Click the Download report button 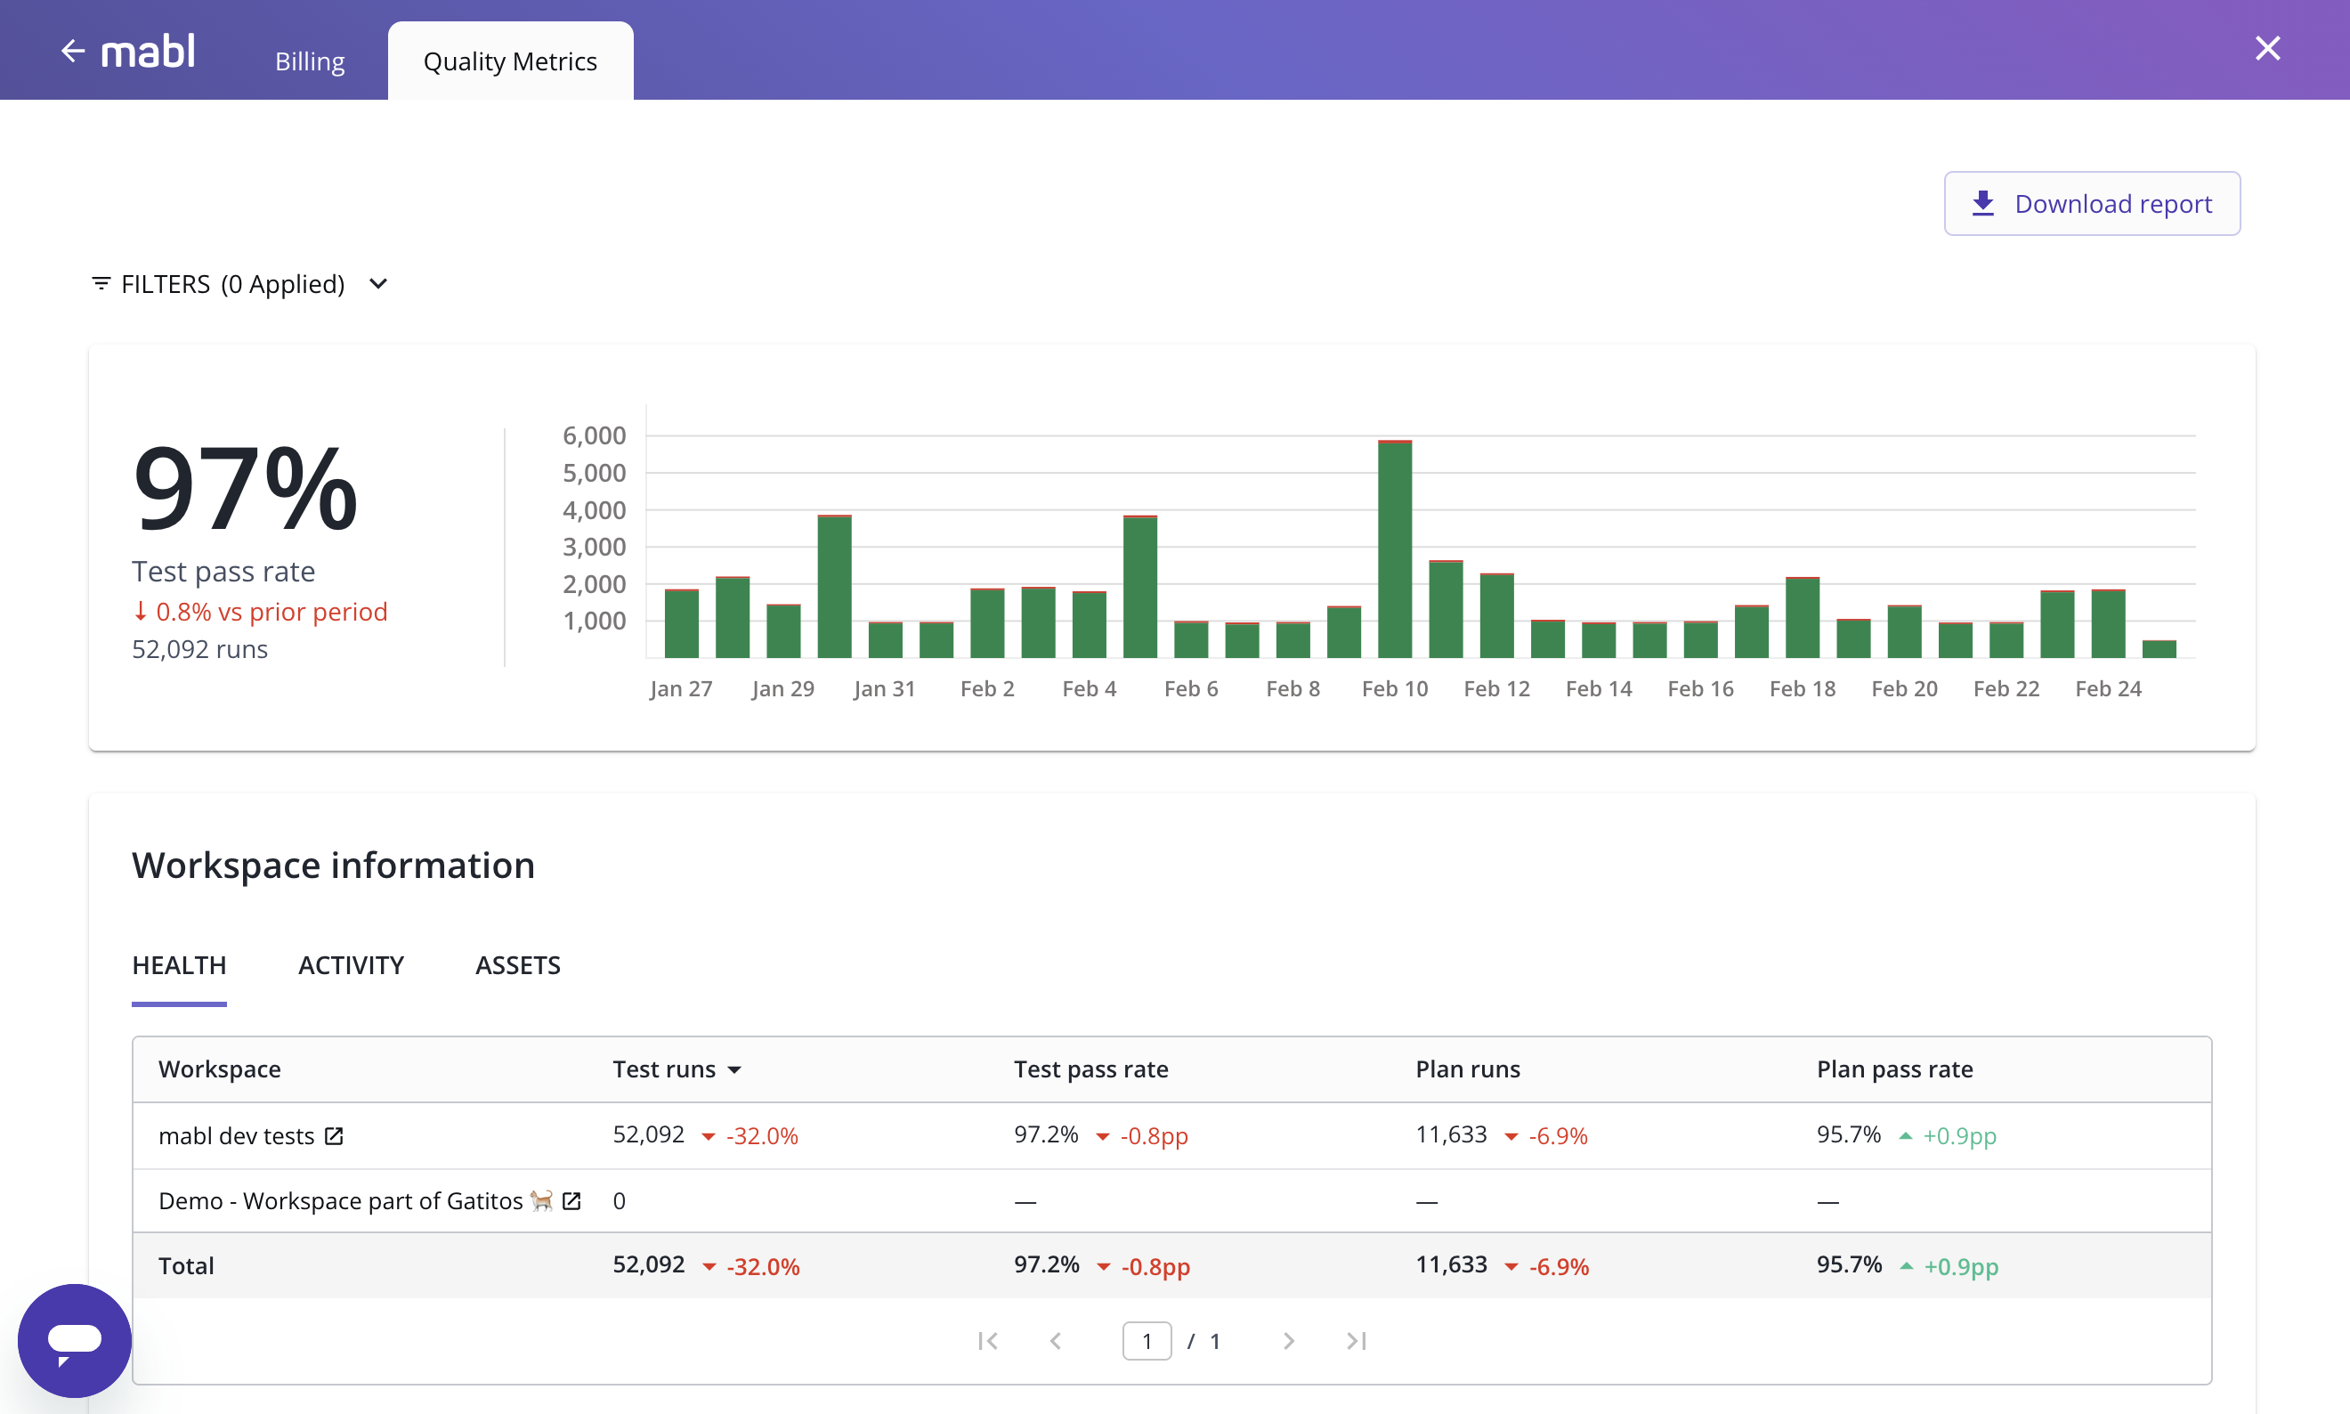click(2091, 204)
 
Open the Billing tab click(310, 62)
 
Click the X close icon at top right click(2267, 49)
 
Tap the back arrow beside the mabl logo click(72, 51)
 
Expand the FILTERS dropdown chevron click(378, 284)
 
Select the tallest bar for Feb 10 click(1395, 551)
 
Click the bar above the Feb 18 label click(1803, 617)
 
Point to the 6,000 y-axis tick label click(594, 435)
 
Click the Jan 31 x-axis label click(884, 689)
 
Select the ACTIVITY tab click(351, 965)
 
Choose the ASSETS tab click(517, 965)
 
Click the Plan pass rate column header click(1893, 1069)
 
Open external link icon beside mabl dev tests click(334, 1136)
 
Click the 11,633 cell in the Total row click(1451, 1264)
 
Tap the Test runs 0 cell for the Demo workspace click(620, 1200)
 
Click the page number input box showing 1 click(1146, 1341)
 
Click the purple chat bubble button click(74, 1341)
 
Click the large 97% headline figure click(246, 488)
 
